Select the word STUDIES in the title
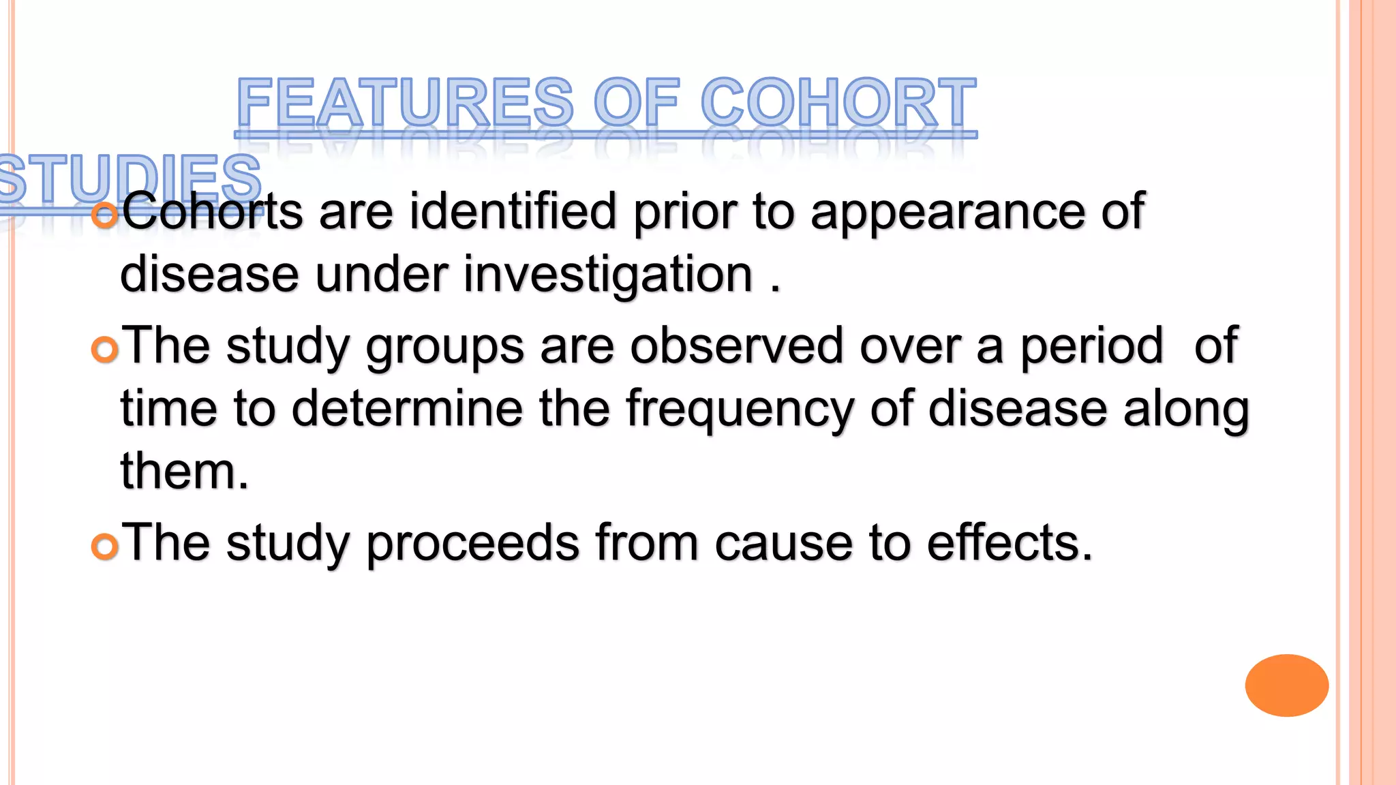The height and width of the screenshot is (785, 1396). pyautogui.click(x=130, y=179)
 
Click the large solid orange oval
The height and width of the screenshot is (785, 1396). pyautogui.click(x=1286, y=685)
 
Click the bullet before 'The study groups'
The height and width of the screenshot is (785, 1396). pyautogui.click(x=105, y=350)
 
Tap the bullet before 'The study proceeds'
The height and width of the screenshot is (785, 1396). pyautogui.click(x=105, y=547)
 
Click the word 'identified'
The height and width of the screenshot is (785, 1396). pyautogui.click(x=513, y=211)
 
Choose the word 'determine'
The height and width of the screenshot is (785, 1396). pyautogui.click(x=407, y=409)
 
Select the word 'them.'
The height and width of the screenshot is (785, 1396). pyautogui.click(x=185, y=472)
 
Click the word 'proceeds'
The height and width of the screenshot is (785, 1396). pyautogui.click(x=472, y=544)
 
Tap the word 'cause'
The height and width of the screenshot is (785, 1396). pyautogui.click(x=783, y=544)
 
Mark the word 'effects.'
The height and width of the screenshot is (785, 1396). pyautogui.click(x=1010, y=544)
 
